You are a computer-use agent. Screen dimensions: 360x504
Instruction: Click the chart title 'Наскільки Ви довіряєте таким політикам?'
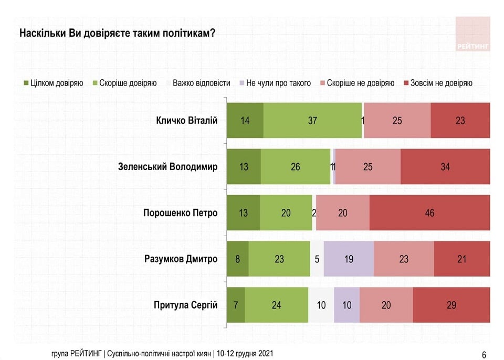coord(117,33)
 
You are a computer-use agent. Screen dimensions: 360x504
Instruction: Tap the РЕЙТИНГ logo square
coord(472,34)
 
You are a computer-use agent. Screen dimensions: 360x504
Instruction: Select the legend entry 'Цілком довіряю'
coord(53,83)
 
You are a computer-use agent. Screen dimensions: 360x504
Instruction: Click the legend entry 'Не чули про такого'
coord(275,83)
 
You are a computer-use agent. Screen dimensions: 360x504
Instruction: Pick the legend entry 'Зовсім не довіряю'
coord(438,83)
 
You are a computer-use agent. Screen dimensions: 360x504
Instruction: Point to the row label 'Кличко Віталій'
coord(187,121)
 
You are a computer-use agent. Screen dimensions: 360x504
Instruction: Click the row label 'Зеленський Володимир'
coord(168,167)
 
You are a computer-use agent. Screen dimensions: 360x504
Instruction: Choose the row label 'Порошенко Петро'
coord(180,213)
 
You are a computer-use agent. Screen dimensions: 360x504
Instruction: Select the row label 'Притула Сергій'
coord(185,305)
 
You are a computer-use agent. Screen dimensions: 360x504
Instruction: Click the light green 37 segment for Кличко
coord(313,121)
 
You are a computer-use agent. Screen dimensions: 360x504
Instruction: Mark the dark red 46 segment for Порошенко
coord(429,213)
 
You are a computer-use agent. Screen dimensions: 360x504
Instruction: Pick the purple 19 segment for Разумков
coord(349,259)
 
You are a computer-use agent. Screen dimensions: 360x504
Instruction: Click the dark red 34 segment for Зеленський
coord(445,167)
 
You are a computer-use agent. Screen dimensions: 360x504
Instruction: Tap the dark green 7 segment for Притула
coord(236,305)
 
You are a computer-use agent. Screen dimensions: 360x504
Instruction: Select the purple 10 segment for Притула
coord(346,305)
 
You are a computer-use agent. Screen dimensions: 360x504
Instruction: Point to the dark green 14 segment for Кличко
coord(245,121)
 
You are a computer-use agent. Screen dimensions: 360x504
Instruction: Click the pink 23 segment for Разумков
coord(404,259)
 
